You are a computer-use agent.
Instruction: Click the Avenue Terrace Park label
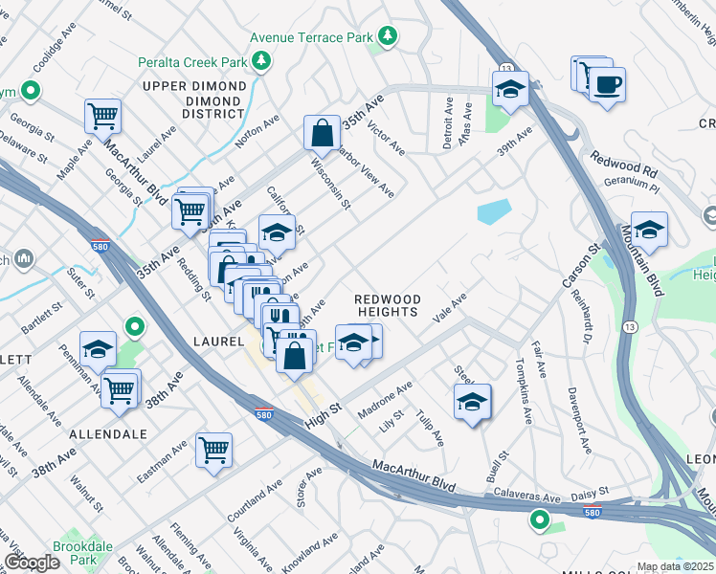pyautogui.click(x=310, y=37)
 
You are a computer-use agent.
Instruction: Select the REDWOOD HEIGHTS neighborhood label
pyautogui.click(x=387, y=305)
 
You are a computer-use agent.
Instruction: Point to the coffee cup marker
pyautogui.click(x=607, y=85)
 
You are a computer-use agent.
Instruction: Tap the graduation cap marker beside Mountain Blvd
pyautogui.click(x=649, y=230)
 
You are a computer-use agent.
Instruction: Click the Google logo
pyautogui.click(x=32, y=563)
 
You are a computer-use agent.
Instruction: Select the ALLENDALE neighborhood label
pyautogui.click(x=108, y=433)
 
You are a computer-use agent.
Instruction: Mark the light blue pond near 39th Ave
pyautogui.click(x=494, y=211)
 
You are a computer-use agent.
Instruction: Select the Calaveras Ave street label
pyautogui.click(x=526, y=497)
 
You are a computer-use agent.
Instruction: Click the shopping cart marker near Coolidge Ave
pyautogui.click(x=102, y=117)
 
